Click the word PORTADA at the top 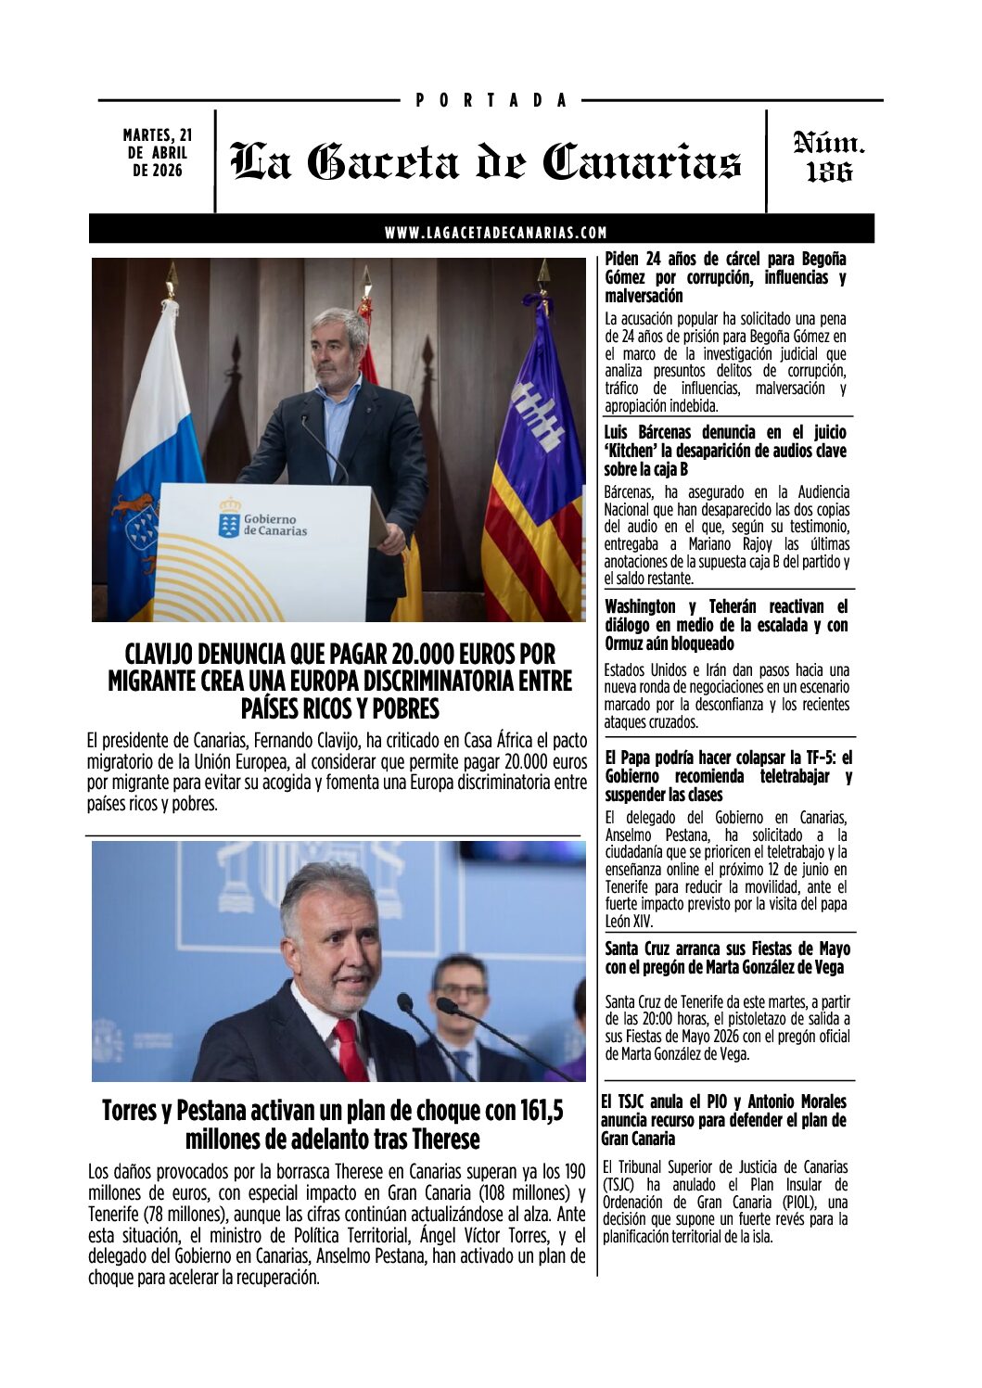tap(491, 100)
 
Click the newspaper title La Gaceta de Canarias tap(486, 161)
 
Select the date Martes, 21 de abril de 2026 tap(157, 153)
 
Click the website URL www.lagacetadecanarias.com tap(496, 233)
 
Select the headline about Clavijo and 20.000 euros tap(339, 681)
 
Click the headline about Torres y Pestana tap(332, 1124)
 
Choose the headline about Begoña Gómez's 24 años tap(725, 277)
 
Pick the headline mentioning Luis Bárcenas tap(725, 451)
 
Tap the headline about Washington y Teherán tap(725, 625)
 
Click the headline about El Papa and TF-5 tap(728, 776)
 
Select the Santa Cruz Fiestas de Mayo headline tap(727, 958)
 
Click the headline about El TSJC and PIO tap(723, 1120)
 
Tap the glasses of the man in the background tap(461, 989)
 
